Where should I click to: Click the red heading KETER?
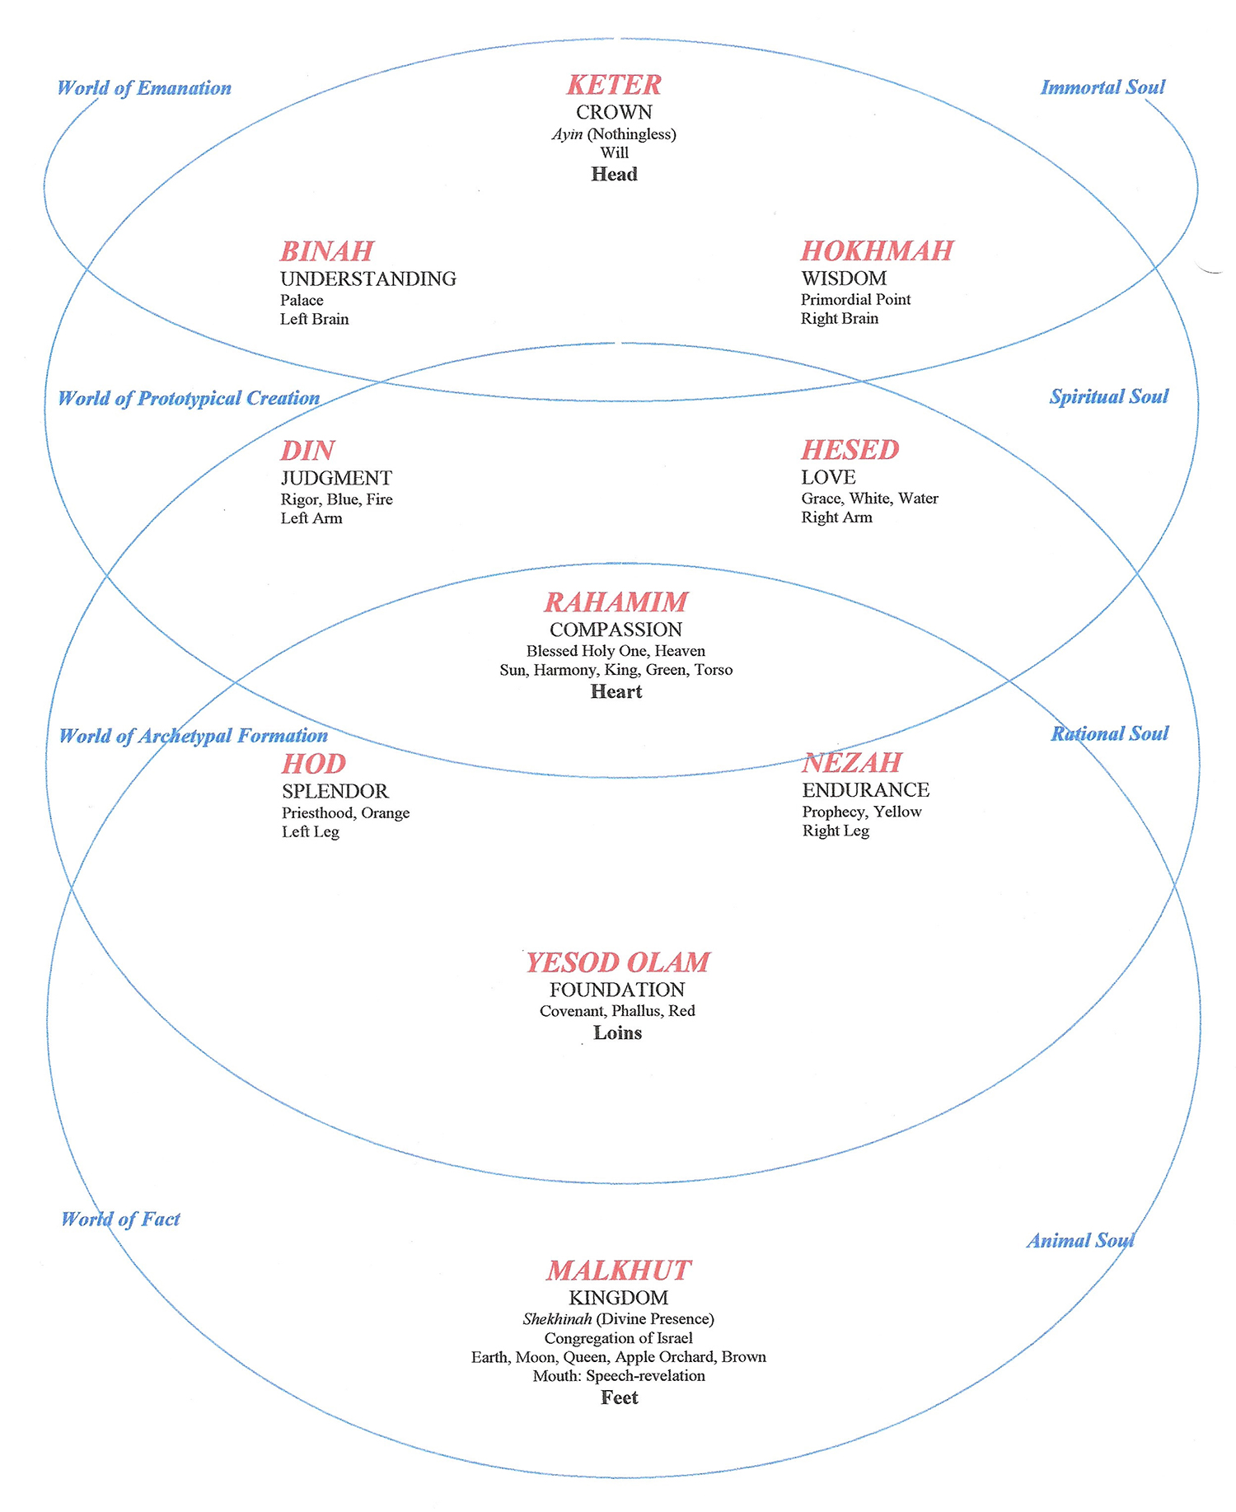(614, 85)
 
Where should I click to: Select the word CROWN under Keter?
(614, 112)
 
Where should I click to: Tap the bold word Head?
(614, 174)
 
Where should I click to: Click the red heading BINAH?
(327, 251)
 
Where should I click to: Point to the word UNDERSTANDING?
(368, 279)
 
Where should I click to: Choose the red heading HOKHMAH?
(878, 250)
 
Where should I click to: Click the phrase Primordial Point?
(856, 299)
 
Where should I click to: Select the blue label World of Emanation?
(144, 88)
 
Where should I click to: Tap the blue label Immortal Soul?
(1103, 87)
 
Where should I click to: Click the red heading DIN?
(308, 451)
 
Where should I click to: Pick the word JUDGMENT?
(336, 478)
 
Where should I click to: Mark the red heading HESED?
(850, 450)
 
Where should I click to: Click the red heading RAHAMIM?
(616, 602)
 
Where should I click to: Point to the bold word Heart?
(616, 691)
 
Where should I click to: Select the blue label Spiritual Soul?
(1109, 396)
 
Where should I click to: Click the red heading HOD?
(314, 764)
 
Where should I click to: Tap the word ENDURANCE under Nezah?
(866, 790)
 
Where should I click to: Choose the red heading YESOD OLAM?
(618, 962)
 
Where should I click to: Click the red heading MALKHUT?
(619, 1271)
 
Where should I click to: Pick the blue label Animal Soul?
(1081, 1240)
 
